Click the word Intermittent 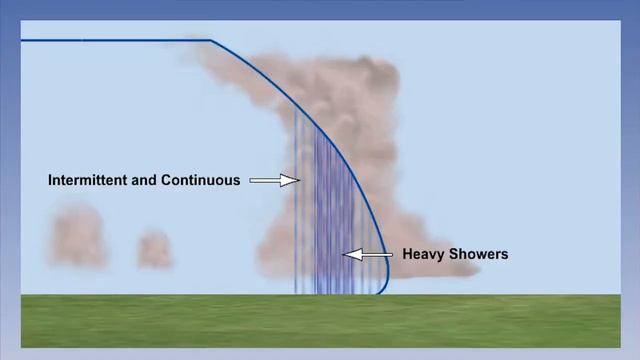tap(88, 181)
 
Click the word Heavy tap(421, 254)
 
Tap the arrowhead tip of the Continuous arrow tap(298, 181)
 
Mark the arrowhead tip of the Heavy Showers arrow tap(344, 254)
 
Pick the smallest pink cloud tap(154, 248)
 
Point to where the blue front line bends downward tap(212, 41)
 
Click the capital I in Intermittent tap(51, 181)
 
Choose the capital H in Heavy tap(407, 254)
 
